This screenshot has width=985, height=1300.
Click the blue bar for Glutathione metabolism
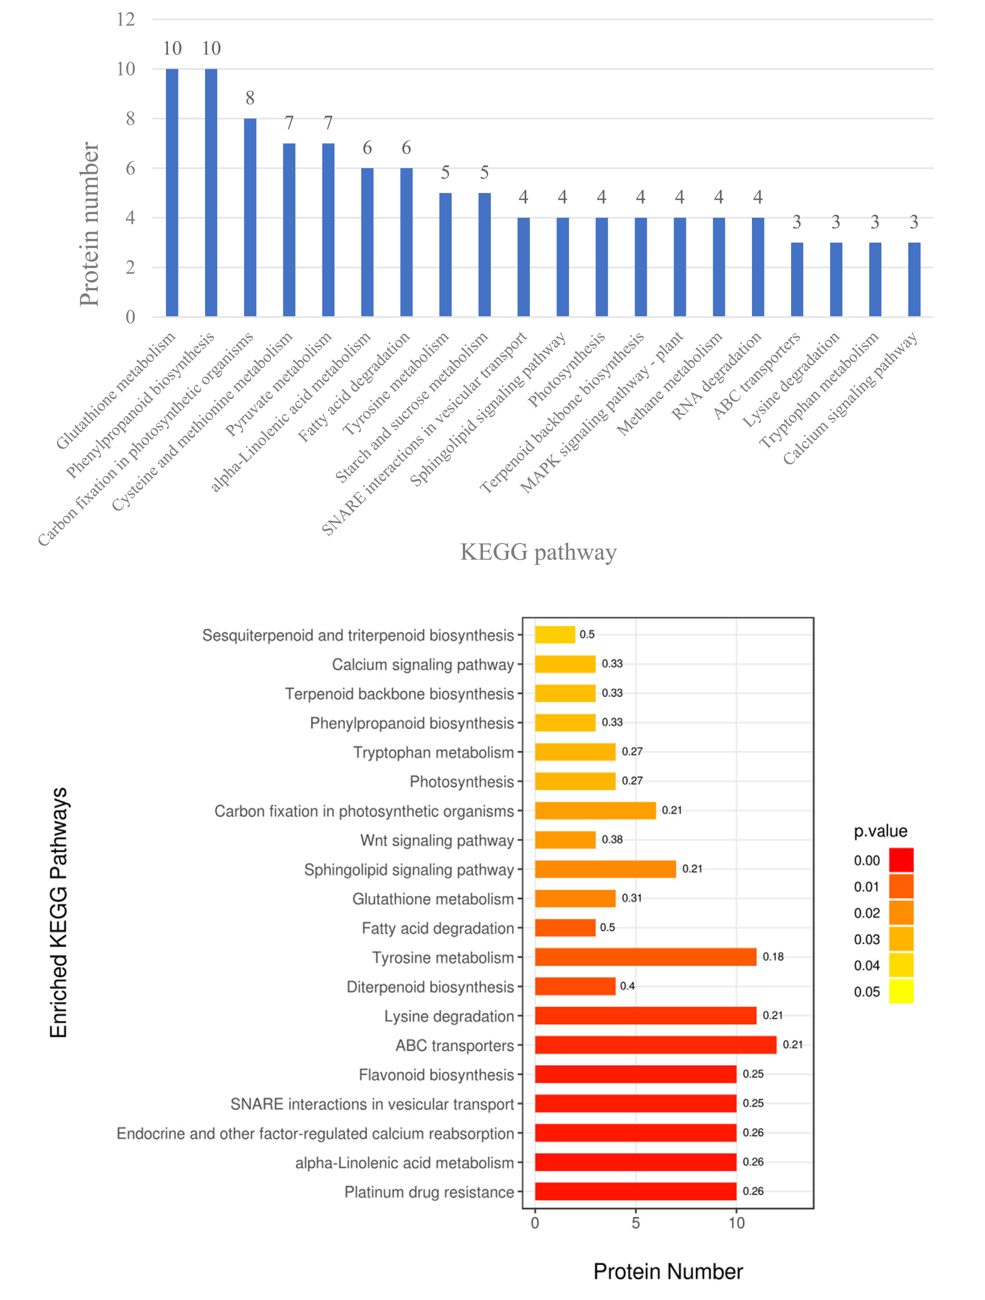tap(172, 193)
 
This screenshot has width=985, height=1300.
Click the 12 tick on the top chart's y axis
tap(126, 20)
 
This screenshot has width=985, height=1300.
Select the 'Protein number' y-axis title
tap(89, 224)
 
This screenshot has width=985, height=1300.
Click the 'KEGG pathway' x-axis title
tap(538, 552)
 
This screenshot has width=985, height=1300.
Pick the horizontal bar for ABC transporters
tap(655, 1045)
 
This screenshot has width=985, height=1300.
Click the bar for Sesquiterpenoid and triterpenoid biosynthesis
tap(554, 635)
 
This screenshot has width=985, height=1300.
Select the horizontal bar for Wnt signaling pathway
tap(564, 840)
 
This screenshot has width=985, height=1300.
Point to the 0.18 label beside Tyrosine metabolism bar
tap(773, 957)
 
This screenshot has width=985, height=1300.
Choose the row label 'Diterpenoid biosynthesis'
tap(430, 986)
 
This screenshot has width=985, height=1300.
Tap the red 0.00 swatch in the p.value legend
tap(901, 860)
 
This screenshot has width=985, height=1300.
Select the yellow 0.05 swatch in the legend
tap(901, 991)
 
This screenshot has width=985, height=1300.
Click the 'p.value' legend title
tap(880, 831)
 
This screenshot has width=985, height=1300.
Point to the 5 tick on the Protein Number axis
tap(636, 1223)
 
